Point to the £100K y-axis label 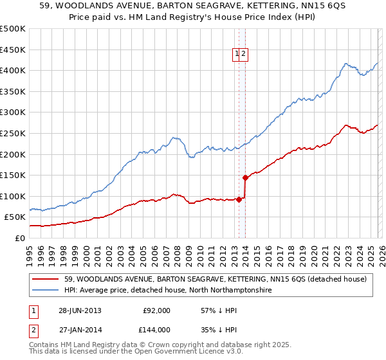pos(13,196)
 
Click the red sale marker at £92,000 pos(239,199)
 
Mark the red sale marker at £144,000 pos(245,177)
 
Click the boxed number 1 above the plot pos(237,55)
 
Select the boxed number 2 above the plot pos(244,55)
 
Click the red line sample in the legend pos(46,280)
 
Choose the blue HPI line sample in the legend pos(46,291)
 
